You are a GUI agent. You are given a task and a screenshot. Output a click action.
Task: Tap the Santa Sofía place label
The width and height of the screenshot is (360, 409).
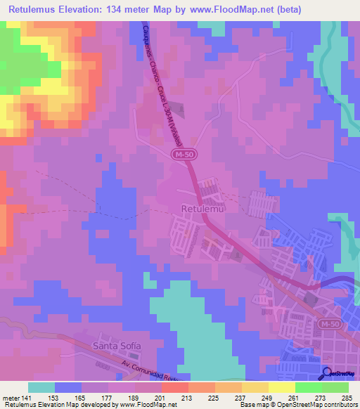point(117,346)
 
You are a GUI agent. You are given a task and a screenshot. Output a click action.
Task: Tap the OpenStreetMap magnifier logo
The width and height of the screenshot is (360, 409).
point(327,374)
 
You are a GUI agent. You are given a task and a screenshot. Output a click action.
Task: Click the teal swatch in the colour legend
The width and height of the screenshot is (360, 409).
point(41,387)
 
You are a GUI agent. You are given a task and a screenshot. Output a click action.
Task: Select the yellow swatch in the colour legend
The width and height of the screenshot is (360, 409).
point(282,387)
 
